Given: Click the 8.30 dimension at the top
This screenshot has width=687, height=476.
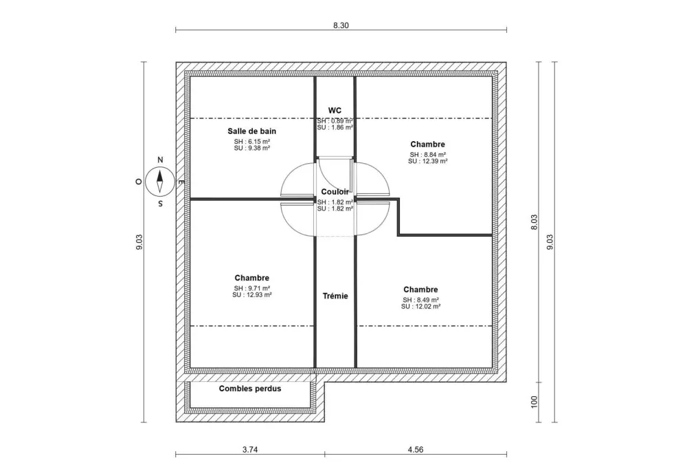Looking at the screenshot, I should click(341, 25).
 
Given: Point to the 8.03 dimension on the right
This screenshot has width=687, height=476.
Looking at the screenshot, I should click(534, 224).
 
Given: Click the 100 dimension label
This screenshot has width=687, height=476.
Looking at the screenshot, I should click(534, 401).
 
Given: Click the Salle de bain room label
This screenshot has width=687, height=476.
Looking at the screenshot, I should click(252, 131).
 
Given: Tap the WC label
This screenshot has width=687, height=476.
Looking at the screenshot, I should click(335, 110).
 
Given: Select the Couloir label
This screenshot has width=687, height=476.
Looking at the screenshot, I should click(335, 192).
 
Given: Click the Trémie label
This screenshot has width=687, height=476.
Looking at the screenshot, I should click(335, 296).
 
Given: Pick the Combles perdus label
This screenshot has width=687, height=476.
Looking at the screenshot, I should click(250, 389).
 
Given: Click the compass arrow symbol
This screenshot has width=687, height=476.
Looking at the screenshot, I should click(160, 181).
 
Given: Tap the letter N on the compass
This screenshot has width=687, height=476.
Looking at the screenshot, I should click(160, 160).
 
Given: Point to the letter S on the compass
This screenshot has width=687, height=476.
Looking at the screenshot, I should click(160, 204).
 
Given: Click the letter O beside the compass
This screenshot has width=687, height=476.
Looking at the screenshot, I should click(138, 182).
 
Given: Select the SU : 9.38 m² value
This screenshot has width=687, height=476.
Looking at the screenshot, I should click(252, 147).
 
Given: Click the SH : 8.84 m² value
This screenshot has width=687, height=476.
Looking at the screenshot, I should click(428, 155).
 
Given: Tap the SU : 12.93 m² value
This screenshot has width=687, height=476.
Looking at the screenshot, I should click(252, 294).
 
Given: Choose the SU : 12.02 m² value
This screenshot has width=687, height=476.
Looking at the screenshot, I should click(420, 306).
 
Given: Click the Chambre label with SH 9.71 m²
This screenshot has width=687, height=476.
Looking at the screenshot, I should click(252, 278).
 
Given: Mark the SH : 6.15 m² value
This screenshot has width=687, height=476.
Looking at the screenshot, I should click(252, 141).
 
